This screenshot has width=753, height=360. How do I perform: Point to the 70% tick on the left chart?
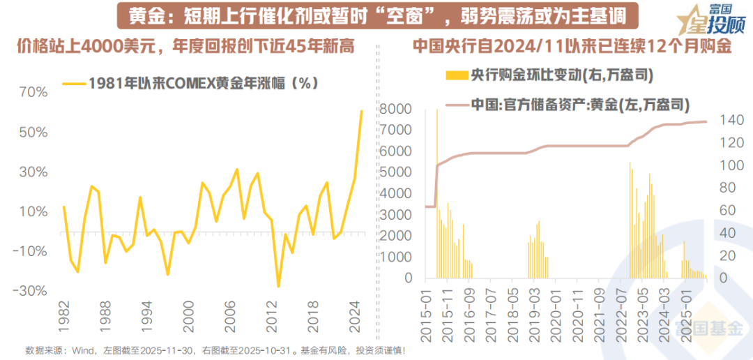33,92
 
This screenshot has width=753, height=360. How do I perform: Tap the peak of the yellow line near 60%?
361,111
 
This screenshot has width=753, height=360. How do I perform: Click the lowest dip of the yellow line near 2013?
278,286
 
